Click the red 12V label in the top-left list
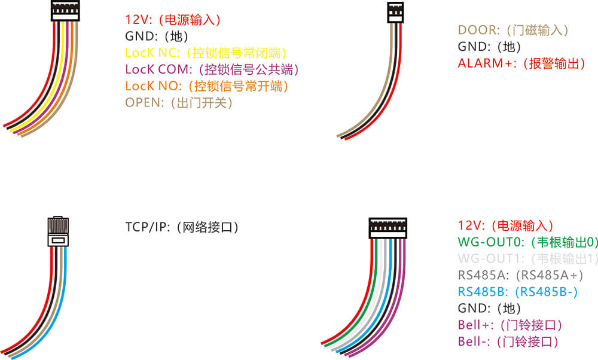173,20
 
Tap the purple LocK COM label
212,69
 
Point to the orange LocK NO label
207,86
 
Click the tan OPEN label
178,103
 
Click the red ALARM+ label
521,63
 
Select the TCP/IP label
182,227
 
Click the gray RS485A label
520,276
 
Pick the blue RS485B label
518,292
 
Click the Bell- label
508,342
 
